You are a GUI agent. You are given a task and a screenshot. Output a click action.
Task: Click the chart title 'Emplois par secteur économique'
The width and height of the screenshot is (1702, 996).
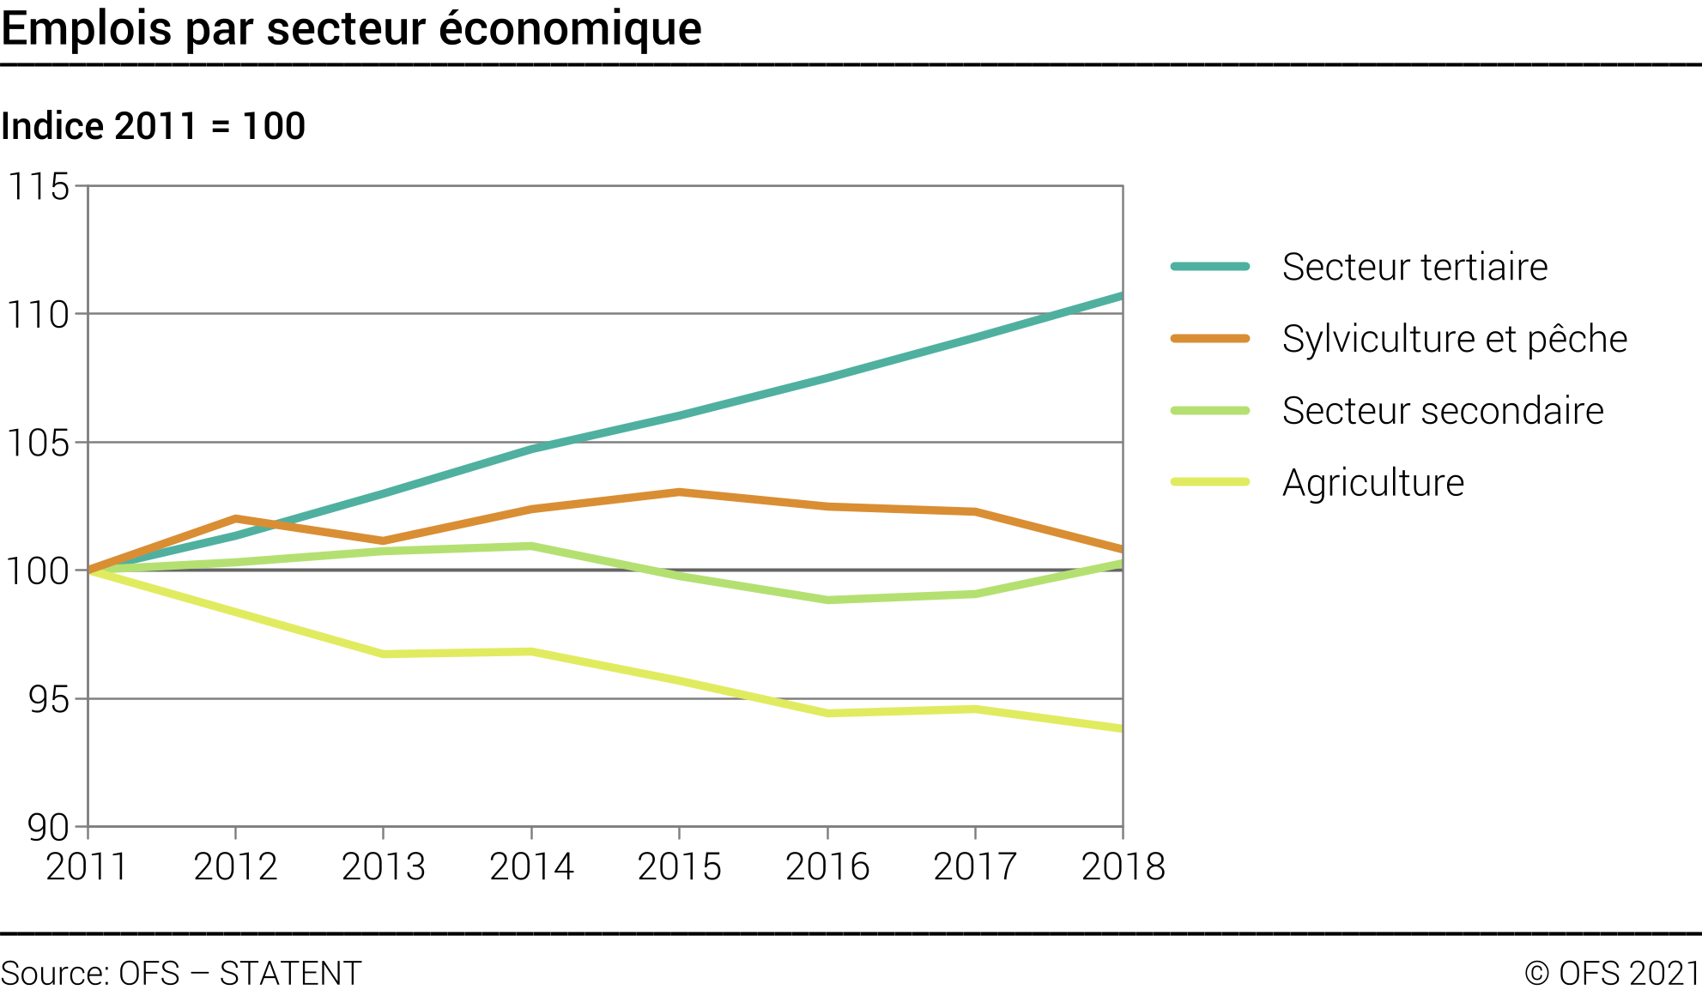point(352,29)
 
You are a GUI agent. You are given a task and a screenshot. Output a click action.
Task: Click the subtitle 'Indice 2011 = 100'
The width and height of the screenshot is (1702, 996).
point(154,126)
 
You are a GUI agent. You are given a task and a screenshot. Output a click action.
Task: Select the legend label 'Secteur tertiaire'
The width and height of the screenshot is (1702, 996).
point(1414,267)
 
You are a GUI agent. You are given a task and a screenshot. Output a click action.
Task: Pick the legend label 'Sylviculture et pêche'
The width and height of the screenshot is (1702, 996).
point(1454,339)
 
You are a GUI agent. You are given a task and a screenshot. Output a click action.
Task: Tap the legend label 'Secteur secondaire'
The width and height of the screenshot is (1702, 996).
point(1442,411)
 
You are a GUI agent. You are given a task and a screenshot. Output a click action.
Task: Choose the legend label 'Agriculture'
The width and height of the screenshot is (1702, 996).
point(1372,483)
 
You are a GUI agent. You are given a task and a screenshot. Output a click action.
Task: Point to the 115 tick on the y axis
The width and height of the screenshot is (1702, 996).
point(39,186)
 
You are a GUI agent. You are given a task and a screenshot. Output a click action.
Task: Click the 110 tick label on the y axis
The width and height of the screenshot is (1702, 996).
point(39,315)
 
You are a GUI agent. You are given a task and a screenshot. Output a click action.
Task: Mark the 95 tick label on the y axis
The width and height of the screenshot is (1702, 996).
point(48,700)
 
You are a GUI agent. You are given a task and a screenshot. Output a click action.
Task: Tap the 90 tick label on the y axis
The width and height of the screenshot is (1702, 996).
point(48,828)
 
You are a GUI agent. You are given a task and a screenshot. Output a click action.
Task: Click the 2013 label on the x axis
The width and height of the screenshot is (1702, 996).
point(383,866)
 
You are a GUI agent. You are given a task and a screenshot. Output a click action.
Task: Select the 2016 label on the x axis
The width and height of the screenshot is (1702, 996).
point(827,866)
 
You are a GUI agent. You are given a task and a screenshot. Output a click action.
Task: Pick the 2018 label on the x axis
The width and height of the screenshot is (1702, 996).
point(1123,866)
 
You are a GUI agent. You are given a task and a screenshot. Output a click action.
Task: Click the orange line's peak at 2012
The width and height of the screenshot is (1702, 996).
point(235,518)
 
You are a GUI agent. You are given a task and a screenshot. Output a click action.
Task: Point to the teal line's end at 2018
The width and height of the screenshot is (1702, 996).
point(1121,296)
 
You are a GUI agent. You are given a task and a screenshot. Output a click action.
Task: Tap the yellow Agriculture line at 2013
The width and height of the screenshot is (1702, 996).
point(383,655)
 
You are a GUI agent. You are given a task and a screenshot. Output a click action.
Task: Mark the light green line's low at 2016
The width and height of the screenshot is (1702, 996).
point(827,601)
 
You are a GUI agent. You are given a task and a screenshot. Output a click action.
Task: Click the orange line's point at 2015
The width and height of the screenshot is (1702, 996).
point(679,492)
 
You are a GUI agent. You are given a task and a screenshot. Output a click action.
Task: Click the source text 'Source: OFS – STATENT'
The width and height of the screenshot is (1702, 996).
point(181,974)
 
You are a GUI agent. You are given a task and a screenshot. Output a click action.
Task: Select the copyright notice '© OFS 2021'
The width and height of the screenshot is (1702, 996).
point(1612,974)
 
